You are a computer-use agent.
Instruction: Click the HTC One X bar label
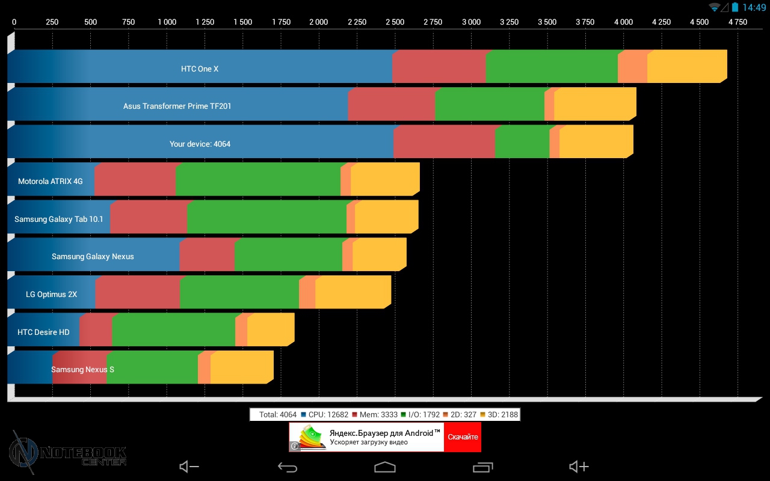point(200,69)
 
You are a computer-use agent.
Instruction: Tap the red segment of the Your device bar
point(444,142)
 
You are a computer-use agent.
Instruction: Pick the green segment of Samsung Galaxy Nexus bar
point(288,255)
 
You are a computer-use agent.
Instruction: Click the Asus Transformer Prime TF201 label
point(177,106)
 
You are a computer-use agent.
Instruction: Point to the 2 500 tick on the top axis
point(395,22)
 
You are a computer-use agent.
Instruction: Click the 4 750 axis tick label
point(737,22)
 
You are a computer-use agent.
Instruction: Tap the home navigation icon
point(385,467)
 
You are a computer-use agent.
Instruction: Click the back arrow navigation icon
point(288,467)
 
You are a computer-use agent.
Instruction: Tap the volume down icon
point(189,467)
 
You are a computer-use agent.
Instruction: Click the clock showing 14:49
point(754,7)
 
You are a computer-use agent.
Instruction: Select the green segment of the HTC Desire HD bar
point(173,330)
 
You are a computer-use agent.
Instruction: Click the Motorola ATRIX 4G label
point(51,181)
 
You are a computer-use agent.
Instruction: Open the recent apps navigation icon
point(482,467)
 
